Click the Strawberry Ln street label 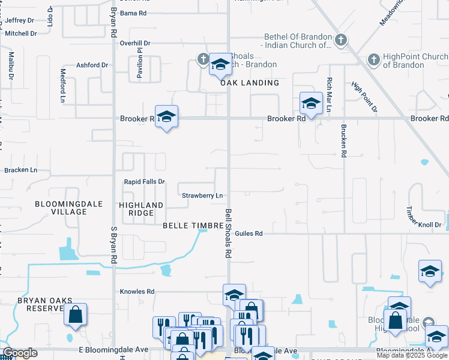click(x=202, y=196)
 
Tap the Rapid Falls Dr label click(x=144, y=182)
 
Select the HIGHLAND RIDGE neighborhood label click(x=141, y=209)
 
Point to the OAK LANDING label click(x=250, y=83)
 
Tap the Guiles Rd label click(x=249, y=233)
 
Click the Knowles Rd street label click(x=137, y=292)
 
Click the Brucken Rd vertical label click(x=343, y=141)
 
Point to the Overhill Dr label click(x=134, y=43)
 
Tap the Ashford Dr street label click(x=92, y=65)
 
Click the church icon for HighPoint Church click(x=373, y=59)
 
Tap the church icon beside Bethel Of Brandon click(x=340, y=40)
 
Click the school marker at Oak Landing click(x=220, y=65)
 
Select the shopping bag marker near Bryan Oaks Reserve click(x=75, y=314)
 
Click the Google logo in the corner click(x=20, y=353)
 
